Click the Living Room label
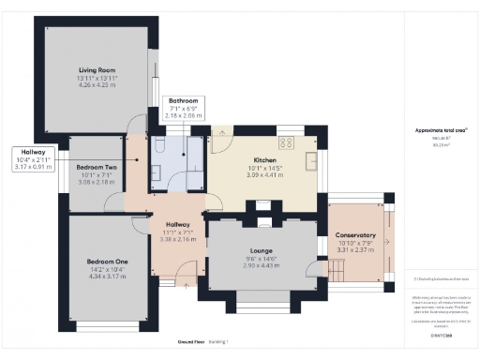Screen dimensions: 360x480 point(97,69)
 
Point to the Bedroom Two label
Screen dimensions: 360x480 point(96,166)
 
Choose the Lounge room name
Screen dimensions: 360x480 point(261,251)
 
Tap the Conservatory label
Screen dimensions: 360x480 point(355,235)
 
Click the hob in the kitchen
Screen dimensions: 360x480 point(287,143)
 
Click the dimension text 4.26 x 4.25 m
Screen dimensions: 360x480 point(97,84)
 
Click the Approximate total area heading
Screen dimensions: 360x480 point(434,130)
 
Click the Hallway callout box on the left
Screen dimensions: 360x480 point(34,160)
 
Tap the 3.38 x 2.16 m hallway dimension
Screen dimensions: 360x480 point(177,240)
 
